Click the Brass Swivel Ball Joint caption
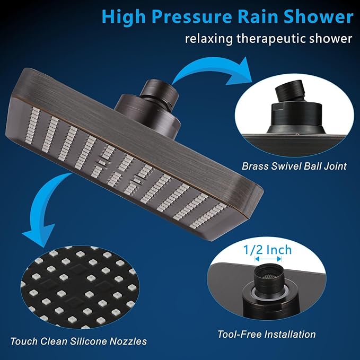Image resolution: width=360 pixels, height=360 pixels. (x=294, y=166)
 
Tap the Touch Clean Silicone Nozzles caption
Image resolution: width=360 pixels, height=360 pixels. (x=78, y=340)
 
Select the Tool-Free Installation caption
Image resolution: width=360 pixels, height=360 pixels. (x=267, y=334)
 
